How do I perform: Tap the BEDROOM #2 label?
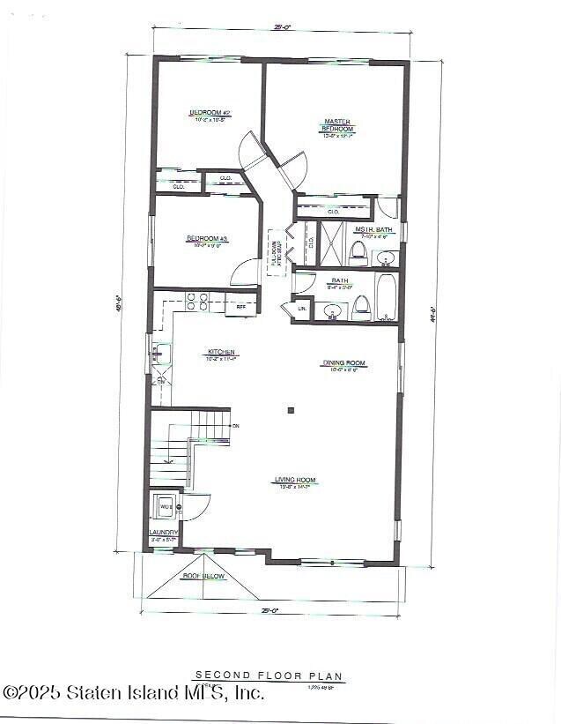point(210,113)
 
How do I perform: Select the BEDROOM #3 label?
point(207,239)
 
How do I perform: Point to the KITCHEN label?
point(223,352)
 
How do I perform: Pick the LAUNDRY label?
point(164,533)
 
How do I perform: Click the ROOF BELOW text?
point(203,576)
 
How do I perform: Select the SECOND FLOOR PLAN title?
point(269,676)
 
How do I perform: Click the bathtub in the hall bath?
point(387,298)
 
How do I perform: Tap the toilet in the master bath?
point(358,254)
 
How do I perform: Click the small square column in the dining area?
point(291,409)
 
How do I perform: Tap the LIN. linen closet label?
point(301,309)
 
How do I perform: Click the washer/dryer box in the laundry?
point(165,507)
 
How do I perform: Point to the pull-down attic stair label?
point(276,253)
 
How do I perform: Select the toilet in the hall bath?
point(361,308)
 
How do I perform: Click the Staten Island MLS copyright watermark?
point(133,693)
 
